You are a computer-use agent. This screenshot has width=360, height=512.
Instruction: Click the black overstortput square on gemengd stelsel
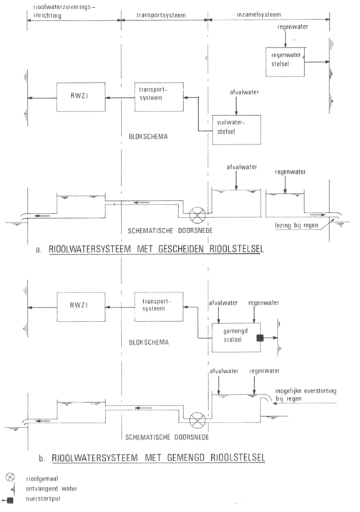point(260,338)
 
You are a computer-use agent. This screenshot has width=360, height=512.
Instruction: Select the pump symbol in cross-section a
point(198,215)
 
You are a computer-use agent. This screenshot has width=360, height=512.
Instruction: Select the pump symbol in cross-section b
point(198,420)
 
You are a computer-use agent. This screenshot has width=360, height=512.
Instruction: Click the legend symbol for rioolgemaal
point(10,477)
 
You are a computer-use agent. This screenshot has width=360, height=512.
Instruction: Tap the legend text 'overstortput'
point(43,499)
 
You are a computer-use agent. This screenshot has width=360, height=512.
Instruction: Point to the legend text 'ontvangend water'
point(52,488)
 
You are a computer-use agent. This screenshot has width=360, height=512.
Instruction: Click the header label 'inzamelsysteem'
point(259,14)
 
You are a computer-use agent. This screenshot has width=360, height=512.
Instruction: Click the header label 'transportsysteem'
point(161,15)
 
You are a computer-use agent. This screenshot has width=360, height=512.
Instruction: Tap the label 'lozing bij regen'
point(296,225)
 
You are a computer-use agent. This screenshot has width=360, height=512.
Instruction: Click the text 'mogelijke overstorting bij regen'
point(306,395)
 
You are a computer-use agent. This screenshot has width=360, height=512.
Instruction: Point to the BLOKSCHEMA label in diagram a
point(148,137)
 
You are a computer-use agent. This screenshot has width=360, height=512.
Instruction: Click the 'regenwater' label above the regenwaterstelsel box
point(293,26)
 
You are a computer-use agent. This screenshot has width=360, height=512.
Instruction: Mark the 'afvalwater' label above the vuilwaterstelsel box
point(244,92)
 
